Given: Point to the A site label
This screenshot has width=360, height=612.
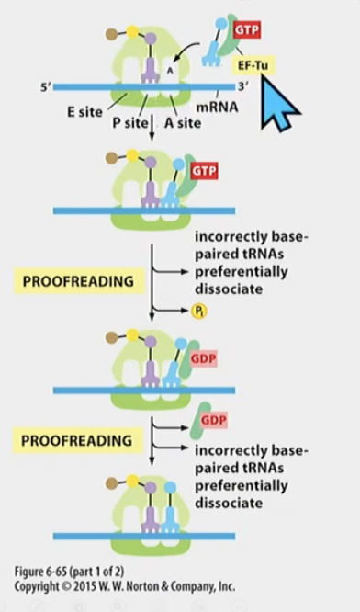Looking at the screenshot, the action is pyautogui.click(x=182, y=122).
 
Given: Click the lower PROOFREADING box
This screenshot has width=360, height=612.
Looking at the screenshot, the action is pyautogui.click(x=76, y=441).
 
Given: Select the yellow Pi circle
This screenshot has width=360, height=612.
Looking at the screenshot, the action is pyautogui.click(x=199, y=312).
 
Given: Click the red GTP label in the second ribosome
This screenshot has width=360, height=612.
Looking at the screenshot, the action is pyautogui.click(x=205, y=172).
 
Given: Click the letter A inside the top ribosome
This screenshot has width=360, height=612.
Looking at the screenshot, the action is pyautogui.click(x=168, y=66).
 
